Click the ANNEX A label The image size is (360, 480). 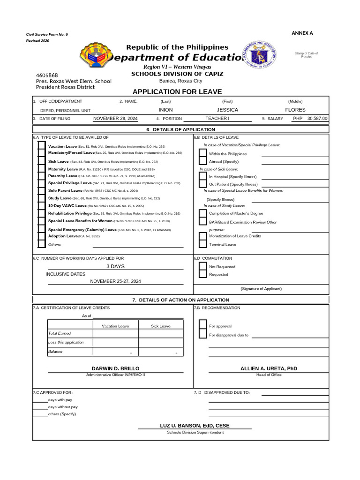(302, 33)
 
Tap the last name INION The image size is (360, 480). (166, 110)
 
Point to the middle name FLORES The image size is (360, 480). (295, 110)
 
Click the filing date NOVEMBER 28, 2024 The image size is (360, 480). (115, 119)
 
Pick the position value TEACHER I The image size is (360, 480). (217, 119)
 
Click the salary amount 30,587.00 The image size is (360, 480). (317, 119)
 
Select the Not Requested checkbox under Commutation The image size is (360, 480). (202, 266)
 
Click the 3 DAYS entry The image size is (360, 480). (115, 266)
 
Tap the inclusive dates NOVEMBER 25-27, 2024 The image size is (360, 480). (115, 281)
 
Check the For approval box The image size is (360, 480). (202, 325)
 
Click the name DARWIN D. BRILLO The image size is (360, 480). (115, 369)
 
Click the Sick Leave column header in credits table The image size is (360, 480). (161, 326)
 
